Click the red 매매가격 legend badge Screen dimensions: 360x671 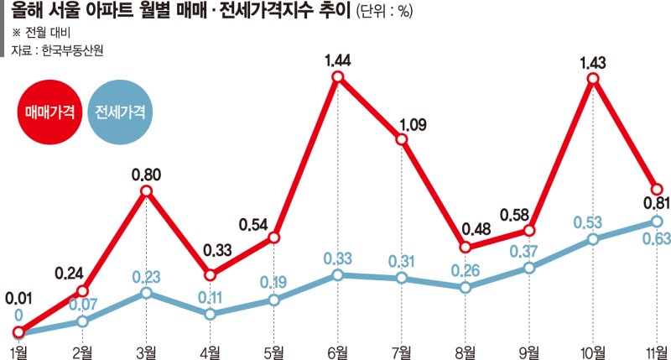(48, 112)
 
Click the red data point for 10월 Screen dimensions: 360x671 (593, 80)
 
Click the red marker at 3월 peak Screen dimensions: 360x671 (146, 192)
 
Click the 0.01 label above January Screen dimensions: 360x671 (18, 298)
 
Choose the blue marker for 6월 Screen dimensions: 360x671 (337, 274)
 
